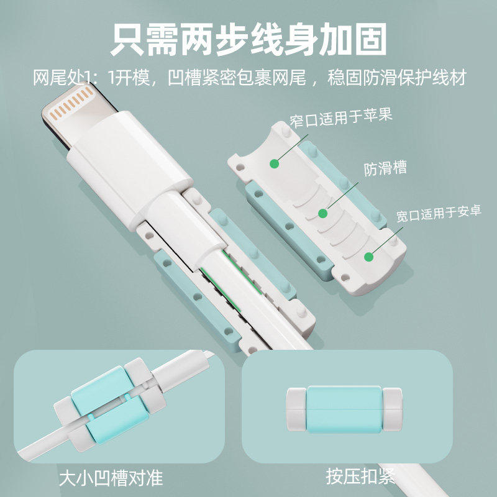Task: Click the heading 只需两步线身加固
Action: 248,40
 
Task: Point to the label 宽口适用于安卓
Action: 439,216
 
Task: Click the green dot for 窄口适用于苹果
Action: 274,164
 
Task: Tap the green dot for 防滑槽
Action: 322,213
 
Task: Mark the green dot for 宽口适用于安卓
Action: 369,256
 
